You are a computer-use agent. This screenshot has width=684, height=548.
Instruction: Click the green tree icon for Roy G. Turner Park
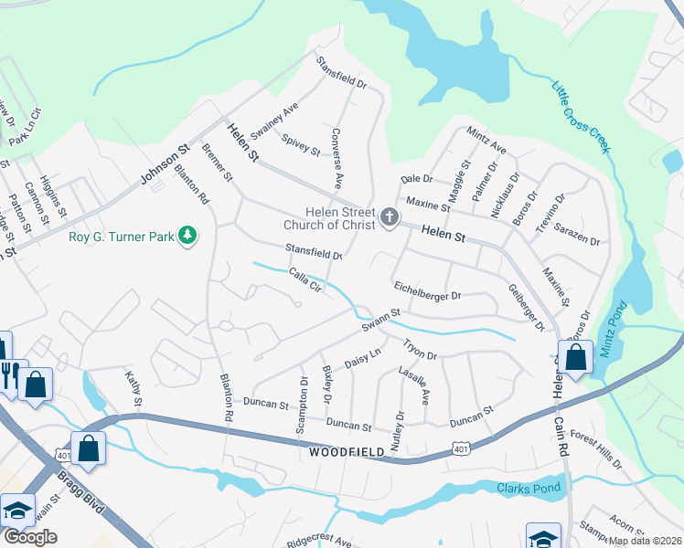187,237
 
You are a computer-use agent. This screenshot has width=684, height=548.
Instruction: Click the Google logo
30,537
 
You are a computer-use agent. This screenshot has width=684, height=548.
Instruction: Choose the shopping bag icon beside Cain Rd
575,359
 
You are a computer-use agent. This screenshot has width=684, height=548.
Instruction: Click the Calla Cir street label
305,279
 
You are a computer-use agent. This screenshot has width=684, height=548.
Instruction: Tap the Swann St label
380,320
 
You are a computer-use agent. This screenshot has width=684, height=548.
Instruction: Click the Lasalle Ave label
413,385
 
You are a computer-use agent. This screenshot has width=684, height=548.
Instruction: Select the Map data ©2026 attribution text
645,541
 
